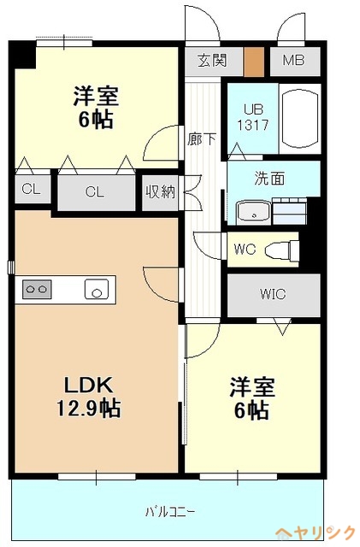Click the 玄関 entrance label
214,62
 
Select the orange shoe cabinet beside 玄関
254,62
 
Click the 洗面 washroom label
269,180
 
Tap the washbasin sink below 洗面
252,212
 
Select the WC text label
245,250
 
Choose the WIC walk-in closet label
273,294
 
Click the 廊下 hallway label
201,138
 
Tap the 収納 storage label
159,191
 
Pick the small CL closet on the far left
31,191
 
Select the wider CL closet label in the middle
94,192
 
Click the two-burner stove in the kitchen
38,289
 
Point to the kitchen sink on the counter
96,290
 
